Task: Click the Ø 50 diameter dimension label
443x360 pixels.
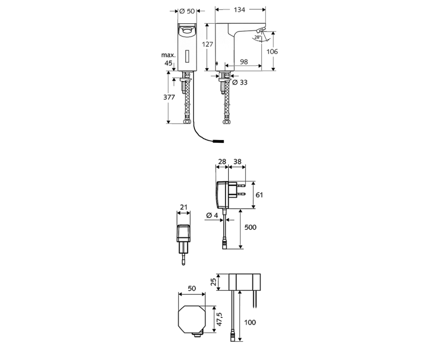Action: point(187,11)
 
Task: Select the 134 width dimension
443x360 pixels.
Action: point(240,11)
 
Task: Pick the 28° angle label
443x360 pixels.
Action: point(257,38)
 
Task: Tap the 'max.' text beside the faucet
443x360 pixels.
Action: point(168,55)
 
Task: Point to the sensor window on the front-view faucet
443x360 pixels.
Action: point(187,56)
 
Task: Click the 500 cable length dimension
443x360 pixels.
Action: point(250,227)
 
